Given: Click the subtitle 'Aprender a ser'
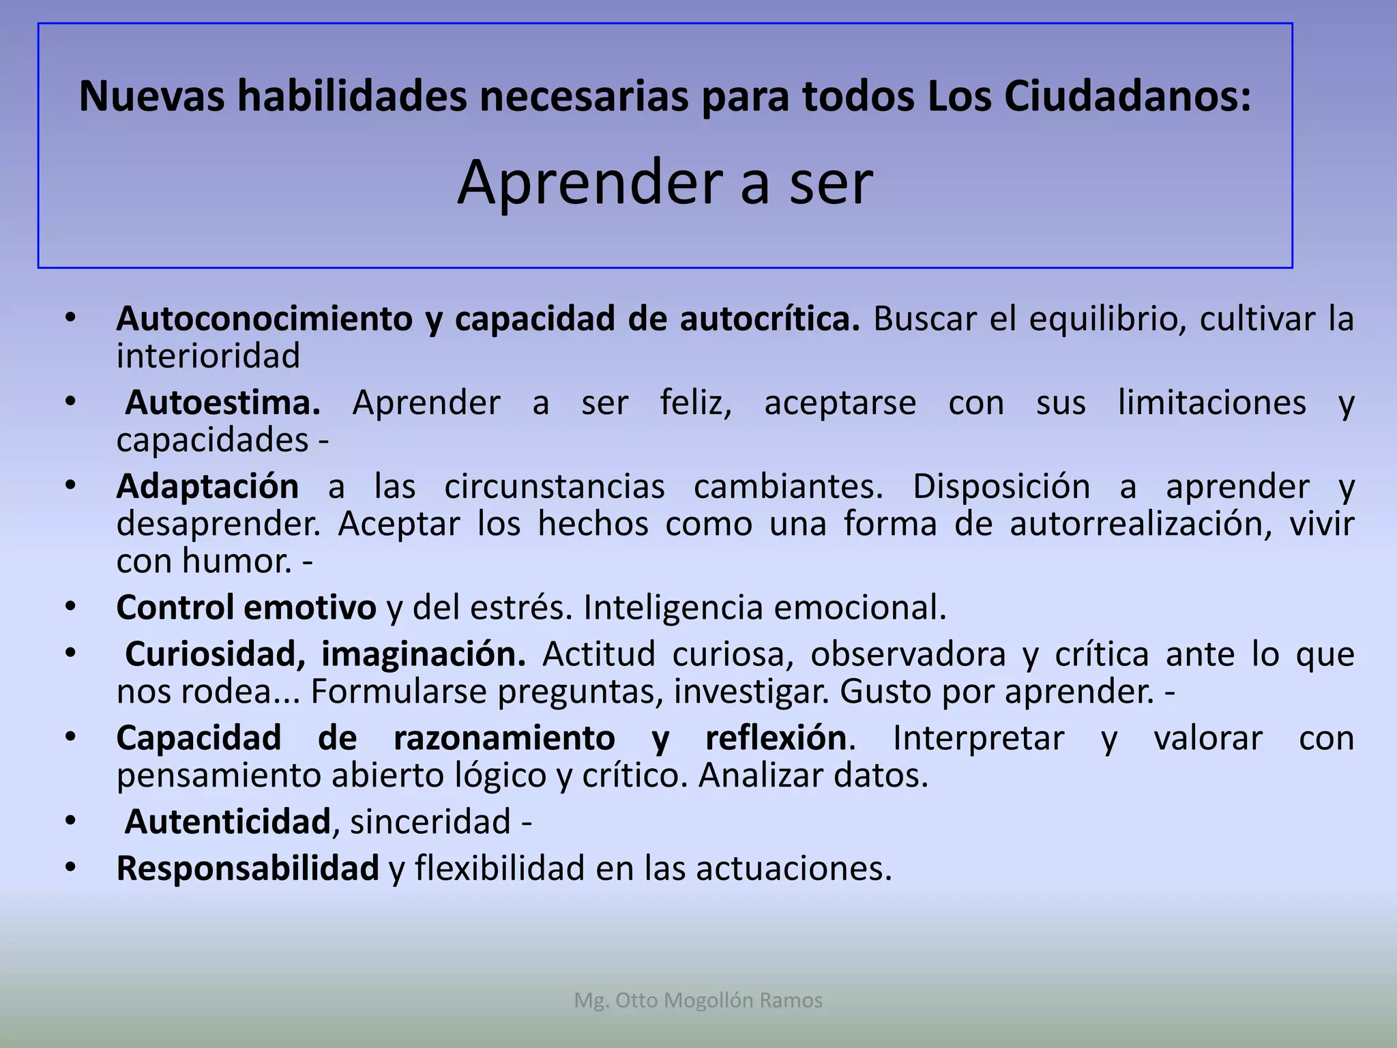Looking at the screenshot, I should point(665,183).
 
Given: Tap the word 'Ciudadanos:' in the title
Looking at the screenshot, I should point(1128,97).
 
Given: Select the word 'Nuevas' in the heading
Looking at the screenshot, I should point(151,97).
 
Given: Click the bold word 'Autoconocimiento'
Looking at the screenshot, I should point(265,319).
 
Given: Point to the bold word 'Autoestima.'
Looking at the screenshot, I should point(222,403).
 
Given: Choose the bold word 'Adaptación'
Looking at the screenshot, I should point(207,487).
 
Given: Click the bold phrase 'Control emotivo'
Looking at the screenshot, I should point(246,608).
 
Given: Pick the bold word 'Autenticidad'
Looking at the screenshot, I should point(227,822).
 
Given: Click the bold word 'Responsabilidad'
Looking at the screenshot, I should point(248,869).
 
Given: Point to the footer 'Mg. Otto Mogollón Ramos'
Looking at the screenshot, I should point(698,1000).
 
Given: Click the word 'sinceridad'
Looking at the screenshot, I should point(430,822).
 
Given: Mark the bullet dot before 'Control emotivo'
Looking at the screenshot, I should point(71,607).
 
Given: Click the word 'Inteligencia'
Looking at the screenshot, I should point(673,608).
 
